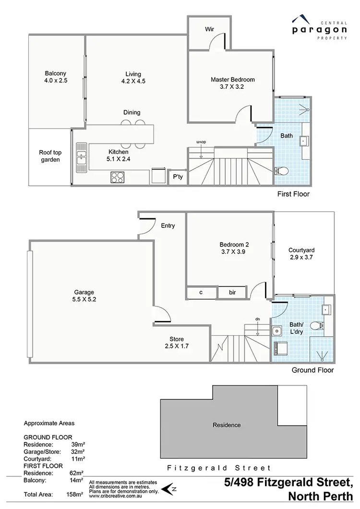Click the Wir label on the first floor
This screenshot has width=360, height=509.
click(x=209, y=29)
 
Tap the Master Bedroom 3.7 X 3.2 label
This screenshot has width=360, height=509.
click(x=232, y=83)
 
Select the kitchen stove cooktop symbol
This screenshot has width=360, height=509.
click(x=118, y=177)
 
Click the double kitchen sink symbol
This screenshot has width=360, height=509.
click(x=82, y=157)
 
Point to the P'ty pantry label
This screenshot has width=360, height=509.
click(x=178, y=177)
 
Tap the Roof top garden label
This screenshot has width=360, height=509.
click(x=49, y=156)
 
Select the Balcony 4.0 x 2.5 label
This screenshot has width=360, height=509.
click(x=56, y=77)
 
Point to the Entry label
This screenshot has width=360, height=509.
click(x=168, y=225)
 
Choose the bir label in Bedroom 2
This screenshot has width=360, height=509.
click(x=232, y=292)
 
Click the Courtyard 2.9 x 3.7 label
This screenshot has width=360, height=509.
click(x=301, y=254)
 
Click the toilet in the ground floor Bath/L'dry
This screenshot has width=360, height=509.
click(x=316, y=326)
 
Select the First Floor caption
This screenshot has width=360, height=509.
click(x=293, y=194)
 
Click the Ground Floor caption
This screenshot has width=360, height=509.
click(x=312, y=370)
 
